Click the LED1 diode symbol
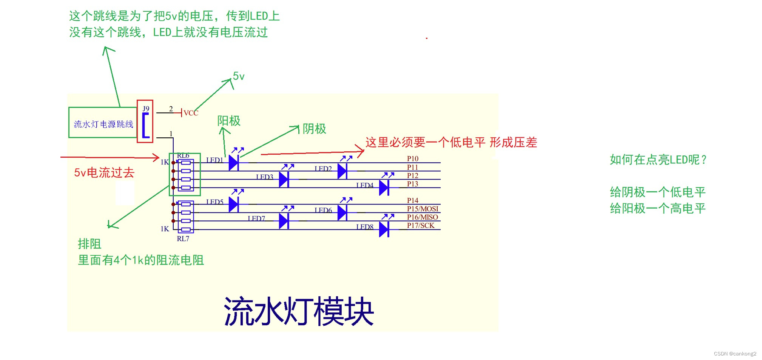[234, 163]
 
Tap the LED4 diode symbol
[384, 188]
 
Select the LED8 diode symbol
[384, 229]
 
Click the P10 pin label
[412, 158]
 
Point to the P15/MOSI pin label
[423, 209]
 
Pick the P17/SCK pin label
[420, 225]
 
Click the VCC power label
[191, 113]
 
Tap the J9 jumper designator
[146, 109]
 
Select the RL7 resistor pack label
[183, 238]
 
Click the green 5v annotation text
[239, 76]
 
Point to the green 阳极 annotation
[229, 121]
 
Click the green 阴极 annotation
[314, 129]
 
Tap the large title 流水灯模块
[299, 311]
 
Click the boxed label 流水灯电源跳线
[103, 124]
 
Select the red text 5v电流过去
[104, 172]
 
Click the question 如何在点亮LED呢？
[658, 160]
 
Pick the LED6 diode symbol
[342, 212]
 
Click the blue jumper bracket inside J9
[145, 125]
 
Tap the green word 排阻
[89, 244]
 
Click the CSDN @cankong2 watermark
[735, 354]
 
